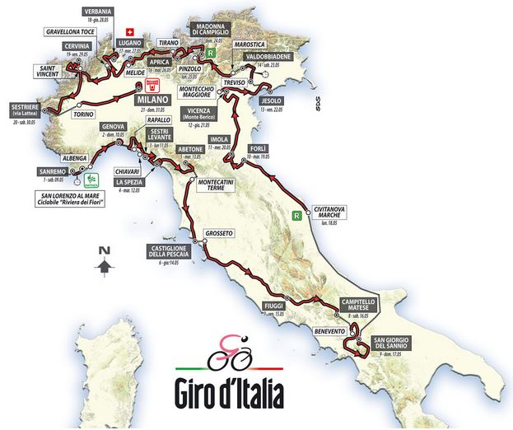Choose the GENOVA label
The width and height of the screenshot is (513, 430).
click(x=112, y=127)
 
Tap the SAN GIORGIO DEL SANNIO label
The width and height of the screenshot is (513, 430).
click(x=393, y=344)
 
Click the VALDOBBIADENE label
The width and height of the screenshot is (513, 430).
click(x=277, y=56)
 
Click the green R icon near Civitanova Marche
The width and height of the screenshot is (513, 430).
click(x=296, y=216)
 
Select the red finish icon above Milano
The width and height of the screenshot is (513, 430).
click(x=151, y=85)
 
